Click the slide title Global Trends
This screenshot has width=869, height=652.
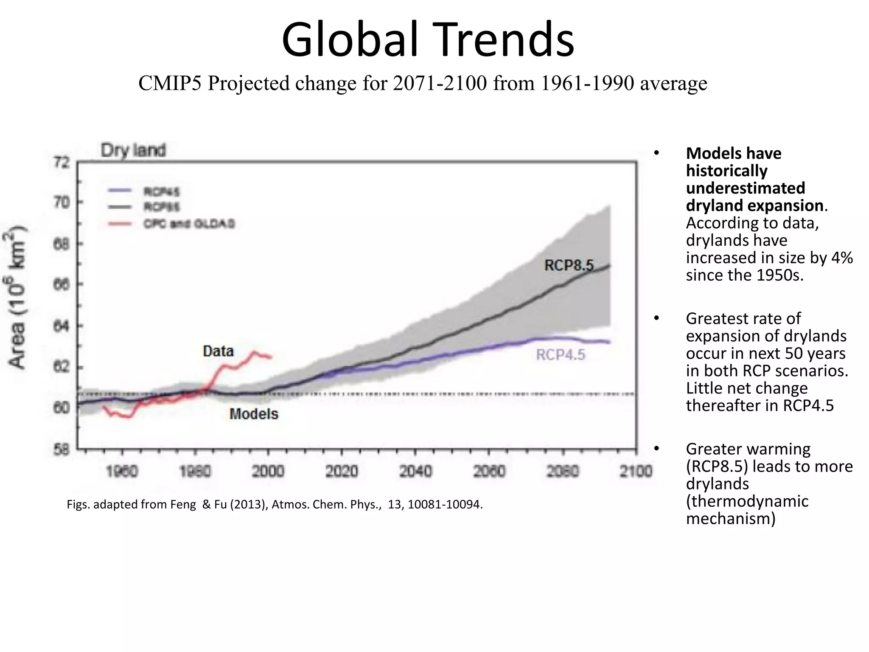click(428, 39)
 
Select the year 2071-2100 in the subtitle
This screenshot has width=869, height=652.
click(440, 83)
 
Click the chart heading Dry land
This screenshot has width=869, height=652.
click(133, 150)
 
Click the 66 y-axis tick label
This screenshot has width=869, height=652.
click(62, 284)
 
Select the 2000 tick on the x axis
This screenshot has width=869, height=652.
click(268, 471)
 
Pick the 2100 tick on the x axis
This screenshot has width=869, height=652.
click(636, 471)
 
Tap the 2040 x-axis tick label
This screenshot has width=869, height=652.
click(415, 471)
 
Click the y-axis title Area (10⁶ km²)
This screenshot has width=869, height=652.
click(17, 297)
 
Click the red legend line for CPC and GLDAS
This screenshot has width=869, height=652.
click(119, 224)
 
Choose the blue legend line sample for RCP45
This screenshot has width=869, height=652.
click(119, 191)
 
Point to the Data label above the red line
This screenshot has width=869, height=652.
click(218, 351)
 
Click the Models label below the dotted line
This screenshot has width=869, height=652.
click(254, 414)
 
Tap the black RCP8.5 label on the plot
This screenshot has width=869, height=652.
click(569, 266)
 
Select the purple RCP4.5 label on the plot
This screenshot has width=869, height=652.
click(560, 355)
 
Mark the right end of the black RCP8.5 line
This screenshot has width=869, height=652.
click(609, 266)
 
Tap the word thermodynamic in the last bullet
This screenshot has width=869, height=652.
click(747, 501)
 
